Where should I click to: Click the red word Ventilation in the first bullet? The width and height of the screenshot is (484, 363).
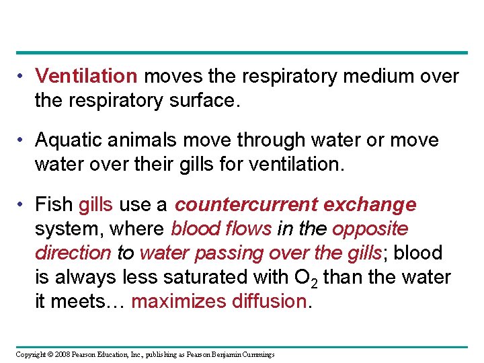coord(86,77)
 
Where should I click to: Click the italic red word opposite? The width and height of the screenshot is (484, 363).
coord(370,229)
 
